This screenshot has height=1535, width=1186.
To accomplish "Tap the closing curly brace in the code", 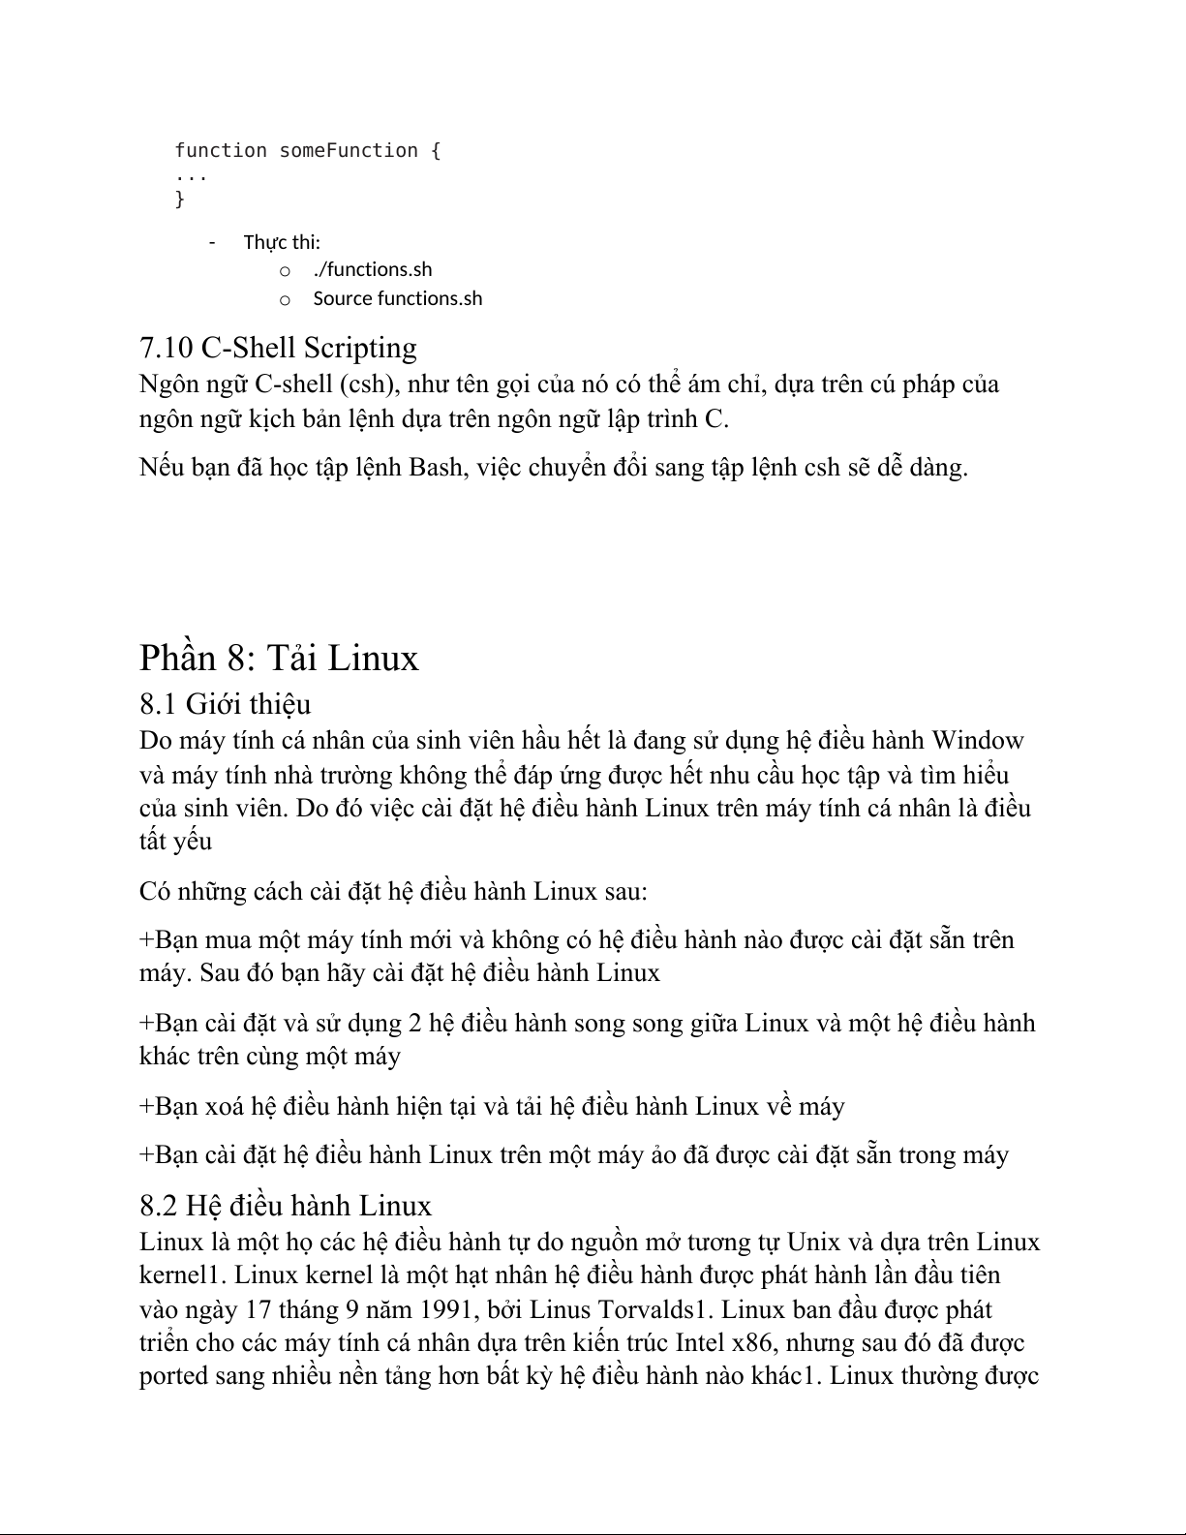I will click(x=179, y=200).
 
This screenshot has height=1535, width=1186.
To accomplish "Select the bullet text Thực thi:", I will click(x=282, y=242).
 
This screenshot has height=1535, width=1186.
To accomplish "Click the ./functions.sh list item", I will click(x=373, y=269).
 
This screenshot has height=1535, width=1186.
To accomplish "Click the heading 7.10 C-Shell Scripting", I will click(x=279, y=348).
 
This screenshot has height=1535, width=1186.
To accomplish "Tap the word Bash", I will click(x=436, y=468).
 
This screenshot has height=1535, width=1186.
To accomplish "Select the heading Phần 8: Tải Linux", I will click(x=279, y=658).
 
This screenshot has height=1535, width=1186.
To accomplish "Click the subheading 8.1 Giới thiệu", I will click(x=225, y=703).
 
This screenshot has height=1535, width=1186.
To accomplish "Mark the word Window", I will click(x=977, y=741).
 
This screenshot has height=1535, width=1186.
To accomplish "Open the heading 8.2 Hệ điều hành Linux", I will click(x=286, y=1206).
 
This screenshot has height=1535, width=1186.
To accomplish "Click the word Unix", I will click(x=813, y=1243).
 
